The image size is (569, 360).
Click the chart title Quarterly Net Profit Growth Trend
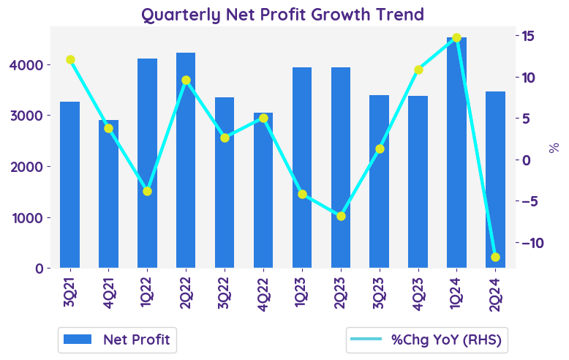pos(282,14)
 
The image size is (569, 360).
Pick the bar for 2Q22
pos(186,160)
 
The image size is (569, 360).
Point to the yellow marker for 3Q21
pos(70,60)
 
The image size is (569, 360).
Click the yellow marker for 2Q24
pos(495,257)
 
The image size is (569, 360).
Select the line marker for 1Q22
pos(147,191)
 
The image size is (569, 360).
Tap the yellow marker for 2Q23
pos(341,216)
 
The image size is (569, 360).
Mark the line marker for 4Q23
pos(418,70)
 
